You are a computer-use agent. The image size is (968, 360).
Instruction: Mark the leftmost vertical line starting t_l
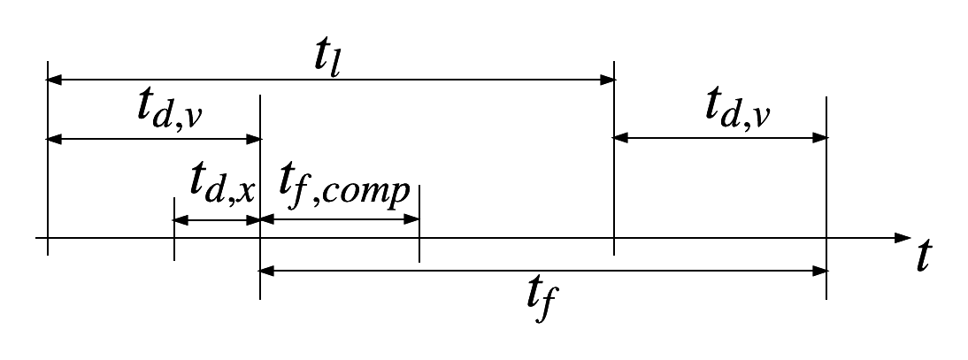(48, 159)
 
